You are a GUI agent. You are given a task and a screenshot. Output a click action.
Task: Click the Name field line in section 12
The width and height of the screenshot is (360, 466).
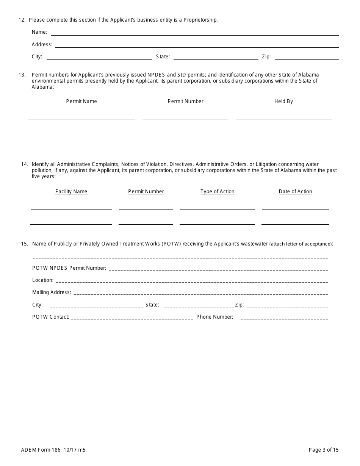pyautogui.click(x=194, y=33)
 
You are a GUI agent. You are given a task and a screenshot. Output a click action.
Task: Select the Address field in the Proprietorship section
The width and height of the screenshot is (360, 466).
pyautogui.click(x=197, y=45)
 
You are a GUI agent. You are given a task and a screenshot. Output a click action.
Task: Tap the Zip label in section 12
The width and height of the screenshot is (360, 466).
pyautogui.click(x=266, y=57)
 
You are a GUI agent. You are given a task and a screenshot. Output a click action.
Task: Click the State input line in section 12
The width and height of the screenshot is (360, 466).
pyautogui.click(x=216, y=58)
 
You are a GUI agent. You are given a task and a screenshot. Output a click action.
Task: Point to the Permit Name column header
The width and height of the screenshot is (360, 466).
pyautogui.click(x=81, y=102)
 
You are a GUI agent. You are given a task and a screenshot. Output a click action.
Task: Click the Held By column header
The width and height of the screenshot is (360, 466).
pyautogui.click(x=283, y=102)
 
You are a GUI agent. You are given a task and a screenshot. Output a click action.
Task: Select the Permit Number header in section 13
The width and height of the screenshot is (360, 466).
pyautogui.click(x=185, y=102)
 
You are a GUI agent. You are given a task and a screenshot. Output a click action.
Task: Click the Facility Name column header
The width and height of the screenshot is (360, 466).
pyautogui.click(x=71, y=192)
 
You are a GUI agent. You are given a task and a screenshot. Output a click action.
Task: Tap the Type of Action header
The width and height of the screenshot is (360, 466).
pyautogui.click(x=218, y=192)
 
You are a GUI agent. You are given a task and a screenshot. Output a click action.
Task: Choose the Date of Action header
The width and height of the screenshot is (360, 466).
pyautogui.click(x=295, y=192)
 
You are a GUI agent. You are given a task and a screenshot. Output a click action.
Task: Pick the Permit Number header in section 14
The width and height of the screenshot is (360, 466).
pyautogui.click(x=146, y=192)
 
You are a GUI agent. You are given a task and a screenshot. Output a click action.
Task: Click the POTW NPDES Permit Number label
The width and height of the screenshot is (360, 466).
pyautogui.click(x=69, y=268)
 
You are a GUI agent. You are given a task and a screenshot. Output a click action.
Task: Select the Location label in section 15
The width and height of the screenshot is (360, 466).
pyautogui.click(x=42, y=280)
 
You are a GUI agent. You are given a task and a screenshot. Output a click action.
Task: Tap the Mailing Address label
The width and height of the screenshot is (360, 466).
pyautogui.click(x=52, y=292)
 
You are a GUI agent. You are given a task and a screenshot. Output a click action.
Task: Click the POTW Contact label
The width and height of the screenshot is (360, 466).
pyautogui.click(x=50, y=317)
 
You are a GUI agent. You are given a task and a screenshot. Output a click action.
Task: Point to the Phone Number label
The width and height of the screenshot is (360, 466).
pyautogui.click(x=214, y=317)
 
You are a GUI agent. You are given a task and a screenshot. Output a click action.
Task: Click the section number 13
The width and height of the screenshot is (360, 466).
pyautogui.click(x=22, y=75)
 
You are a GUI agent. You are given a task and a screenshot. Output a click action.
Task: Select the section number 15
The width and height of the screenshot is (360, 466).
pyautogui.click(x=24, y=244)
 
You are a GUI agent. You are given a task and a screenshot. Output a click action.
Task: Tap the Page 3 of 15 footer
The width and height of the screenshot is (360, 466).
pyautogui.click(x=324, y=450)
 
